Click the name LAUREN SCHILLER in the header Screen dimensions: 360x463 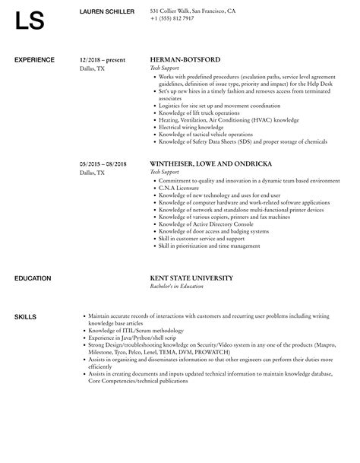107,12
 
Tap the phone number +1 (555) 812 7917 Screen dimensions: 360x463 172,19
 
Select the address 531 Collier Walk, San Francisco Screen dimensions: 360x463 192,11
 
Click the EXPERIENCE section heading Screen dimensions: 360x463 34,59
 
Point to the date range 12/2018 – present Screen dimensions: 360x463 103,59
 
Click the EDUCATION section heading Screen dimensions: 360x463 33,278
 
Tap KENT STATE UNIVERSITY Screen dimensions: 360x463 191,278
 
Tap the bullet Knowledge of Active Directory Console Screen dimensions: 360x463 199,226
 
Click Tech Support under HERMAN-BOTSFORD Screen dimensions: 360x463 163,68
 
